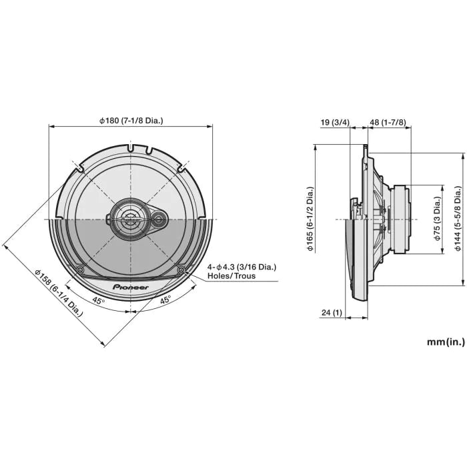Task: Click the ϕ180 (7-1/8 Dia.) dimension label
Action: [131, 121]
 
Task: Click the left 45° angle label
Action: [98, 302]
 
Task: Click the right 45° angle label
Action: [164, 300]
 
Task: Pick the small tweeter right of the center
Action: [159, 218]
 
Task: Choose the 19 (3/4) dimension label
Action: [334, 122]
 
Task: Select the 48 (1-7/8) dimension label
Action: [388, 122]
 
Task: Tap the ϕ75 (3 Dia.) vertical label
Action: [438, 219]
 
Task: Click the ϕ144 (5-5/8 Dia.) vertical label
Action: [458, 219]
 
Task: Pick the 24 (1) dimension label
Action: [331, 313]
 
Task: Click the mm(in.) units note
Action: [446, 342]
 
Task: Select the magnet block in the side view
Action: [403, 218]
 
